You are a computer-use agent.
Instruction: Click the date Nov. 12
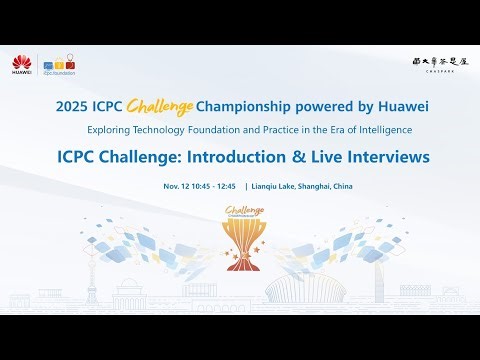177,186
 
